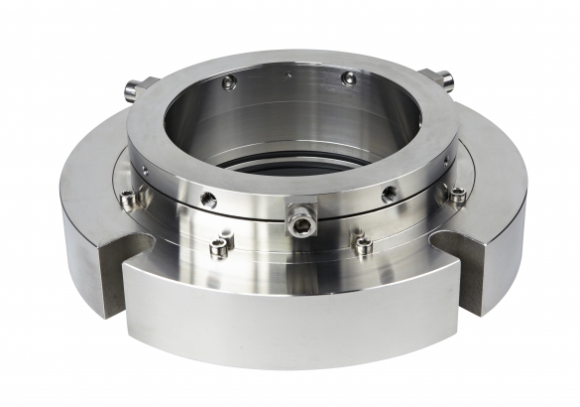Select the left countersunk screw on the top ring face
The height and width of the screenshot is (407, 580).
click(x=230, y=83)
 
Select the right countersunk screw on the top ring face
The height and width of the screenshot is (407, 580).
click(x=347, y=76)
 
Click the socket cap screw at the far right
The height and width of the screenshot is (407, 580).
click(x=456, y=195)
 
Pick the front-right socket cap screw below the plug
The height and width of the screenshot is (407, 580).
click(x=363, y=243)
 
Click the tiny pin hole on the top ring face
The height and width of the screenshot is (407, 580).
click(x=288, y=72)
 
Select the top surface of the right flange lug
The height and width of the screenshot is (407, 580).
click(x=496, y=199)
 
